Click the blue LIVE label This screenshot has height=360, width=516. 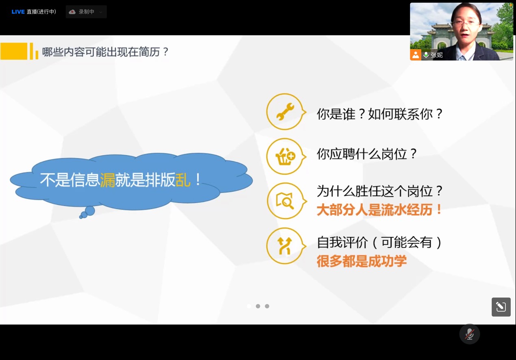(18, 12)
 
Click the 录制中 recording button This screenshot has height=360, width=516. (86, 12)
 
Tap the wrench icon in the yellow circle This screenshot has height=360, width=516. (285, 112)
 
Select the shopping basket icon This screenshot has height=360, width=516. (285, 156)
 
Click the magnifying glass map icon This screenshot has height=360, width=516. (285, 201)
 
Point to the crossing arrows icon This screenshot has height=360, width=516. (285, 246)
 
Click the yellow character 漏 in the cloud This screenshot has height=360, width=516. (108, 180)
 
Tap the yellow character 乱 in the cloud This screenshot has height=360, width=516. (183, 180)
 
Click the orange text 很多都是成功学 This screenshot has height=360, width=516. (361, 261)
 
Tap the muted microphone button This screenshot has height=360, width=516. (470, 334)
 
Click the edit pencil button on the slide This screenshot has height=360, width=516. (501, 307)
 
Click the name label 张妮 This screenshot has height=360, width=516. (437, 55)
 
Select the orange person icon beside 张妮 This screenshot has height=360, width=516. (416, 55)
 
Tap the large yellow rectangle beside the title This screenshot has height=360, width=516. (14, 51)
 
